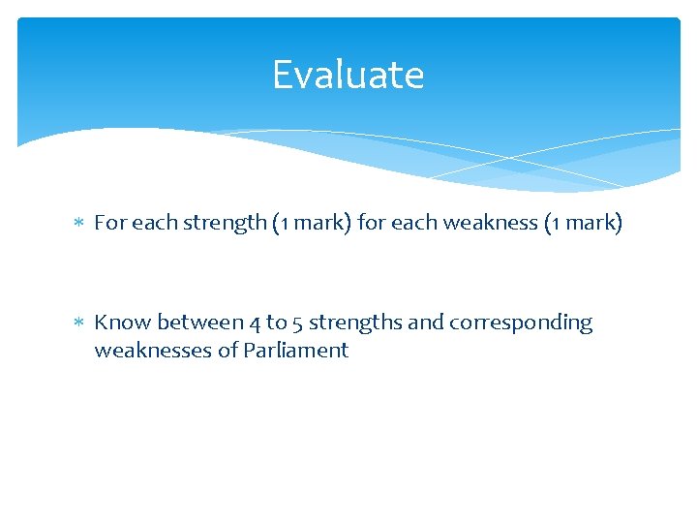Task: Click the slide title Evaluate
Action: pyautogui.click(x=348, y=75)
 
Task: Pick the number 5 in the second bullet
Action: pyautogui.click(x=296, y=323)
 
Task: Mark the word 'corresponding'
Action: pyautogui.click(x=519, y=323)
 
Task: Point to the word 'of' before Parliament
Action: pyautogui.click(x=227, y=350)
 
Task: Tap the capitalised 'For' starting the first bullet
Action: pyautogui.click(x=109, y=223)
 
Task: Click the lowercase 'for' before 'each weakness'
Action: pyautogui.click(x=371, y=223)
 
